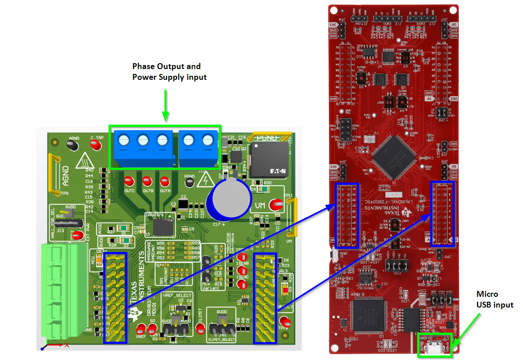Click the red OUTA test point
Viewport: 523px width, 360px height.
click(165, 182)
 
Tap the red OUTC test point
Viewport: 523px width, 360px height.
click(129, 182)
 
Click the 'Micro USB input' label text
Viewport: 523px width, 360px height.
click(494, 299)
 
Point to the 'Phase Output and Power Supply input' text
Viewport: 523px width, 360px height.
click(169, 72)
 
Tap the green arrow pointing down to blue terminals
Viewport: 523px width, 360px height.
click(166, 105)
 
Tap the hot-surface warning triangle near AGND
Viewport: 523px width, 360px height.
click(84, 160)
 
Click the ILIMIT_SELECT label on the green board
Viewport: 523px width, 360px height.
click(222, 339)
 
